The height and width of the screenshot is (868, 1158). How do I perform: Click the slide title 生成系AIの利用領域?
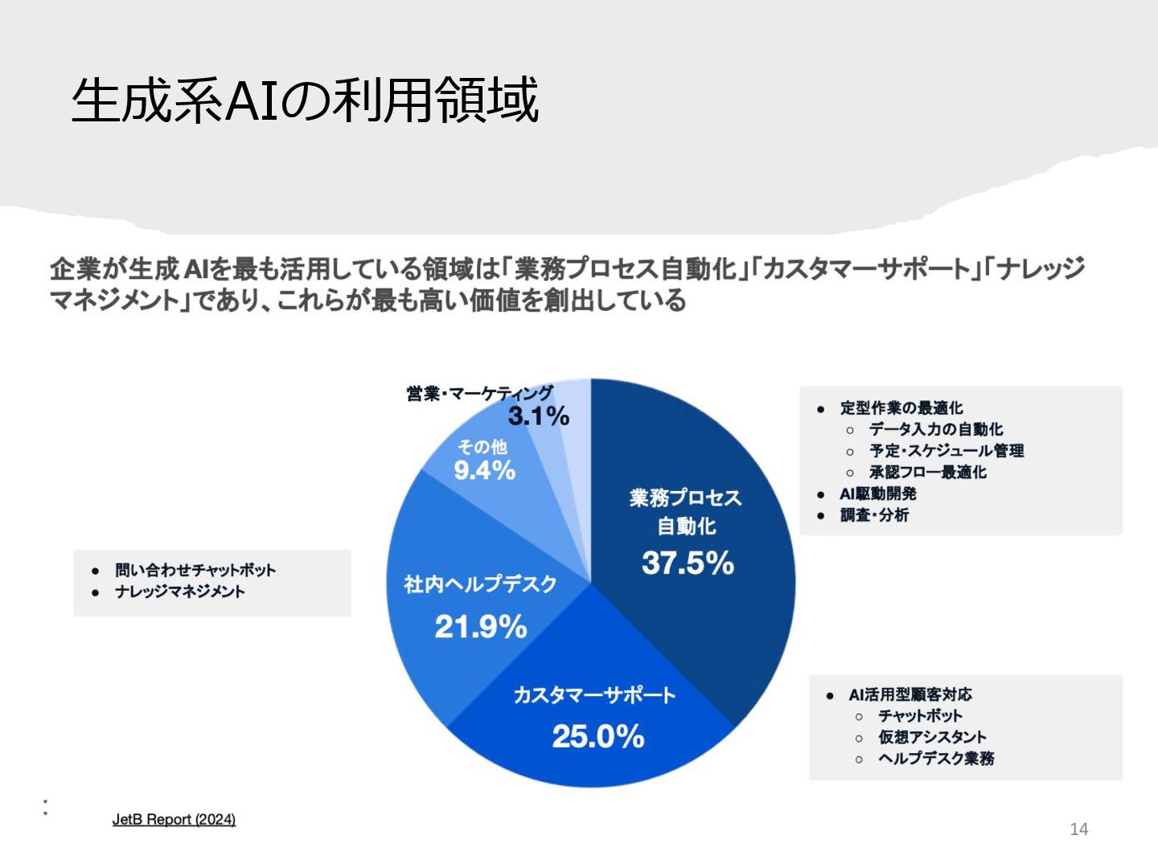[305, 100]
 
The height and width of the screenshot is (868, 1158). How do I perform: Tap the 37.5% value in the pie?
[688, 563]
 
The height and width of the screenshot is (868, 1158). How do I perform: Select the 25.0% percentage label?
[597, 736]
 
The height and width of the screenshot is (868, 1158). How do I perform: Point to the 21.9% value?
[480, 627]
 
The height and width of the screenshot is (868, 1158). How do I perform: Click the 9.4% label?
[484, 470]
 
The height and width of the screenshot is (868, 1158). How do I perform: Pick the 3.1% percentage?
[539, 416]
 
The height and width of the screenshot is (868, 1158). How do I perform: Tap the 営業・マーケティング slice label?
[479, 393]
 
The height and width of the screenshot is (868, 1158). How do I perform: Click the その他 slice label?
[482, 447]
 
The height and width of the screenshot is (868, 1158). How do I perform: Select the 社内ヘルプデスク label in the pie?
[480, 584]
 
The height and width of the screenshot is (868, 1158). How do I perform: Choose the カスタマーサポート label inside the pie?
[594, 695]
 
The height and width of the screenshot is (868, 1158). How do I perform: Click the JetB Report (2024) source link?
[174, 820]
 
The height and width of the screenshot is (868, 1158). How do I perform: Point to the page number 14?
[1078, 829]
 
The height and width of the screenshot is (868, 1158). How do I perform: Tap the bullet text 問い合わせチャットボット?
[195, 571]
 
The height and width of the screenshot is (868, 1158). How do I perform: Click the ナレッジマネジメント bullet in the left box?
[179, 592]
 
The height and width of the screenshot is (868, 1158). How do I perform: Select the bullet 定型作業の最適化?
[901, 408]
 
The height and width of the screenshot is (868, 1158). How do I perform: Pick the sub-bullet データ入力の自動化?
[936, 429]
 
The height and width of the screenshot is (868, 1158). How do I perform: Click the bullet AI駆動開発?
[877, 493]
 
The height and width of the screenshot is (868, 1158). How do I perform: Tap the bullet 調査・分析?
[874, 515]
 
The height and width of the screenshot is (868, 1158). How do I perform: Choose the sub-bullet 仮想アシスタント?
[932, 737]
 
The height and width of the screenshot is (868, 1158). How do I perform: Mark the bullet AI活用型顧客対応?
[910, 694]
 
